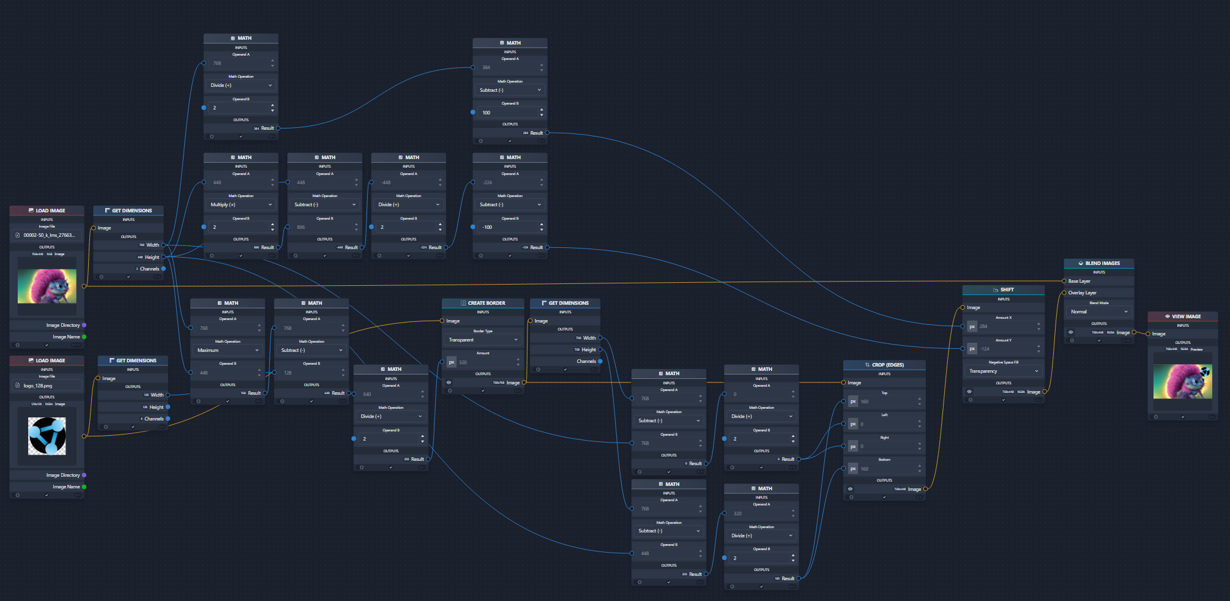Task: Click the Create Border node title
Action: pos(486,303)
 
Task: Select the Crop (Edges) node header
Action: pos(887,365)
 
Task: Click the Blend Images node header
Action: pos(1102,263)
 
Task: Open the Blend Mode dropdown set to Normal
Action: pos(1098,312)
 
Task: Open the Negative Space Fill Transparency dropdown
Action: pos(1004,371)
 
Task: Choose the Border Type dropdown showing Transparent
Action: pos(483,340)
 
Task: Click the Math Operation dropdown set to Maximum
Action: pos(227,350)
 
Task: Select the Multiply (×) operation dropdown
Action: pos(241,204)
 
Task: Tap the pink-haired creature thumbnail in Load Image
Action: pos(47,286)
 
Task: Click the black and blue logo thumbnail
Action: pos(47,436)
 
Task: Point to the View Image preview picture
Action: pos(1182,381)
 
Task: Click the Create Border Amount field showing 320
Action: pos(487,362)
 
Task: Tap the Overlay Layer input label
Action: pos(1083,293)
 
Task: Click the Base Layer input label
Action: pos(1079,281)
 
